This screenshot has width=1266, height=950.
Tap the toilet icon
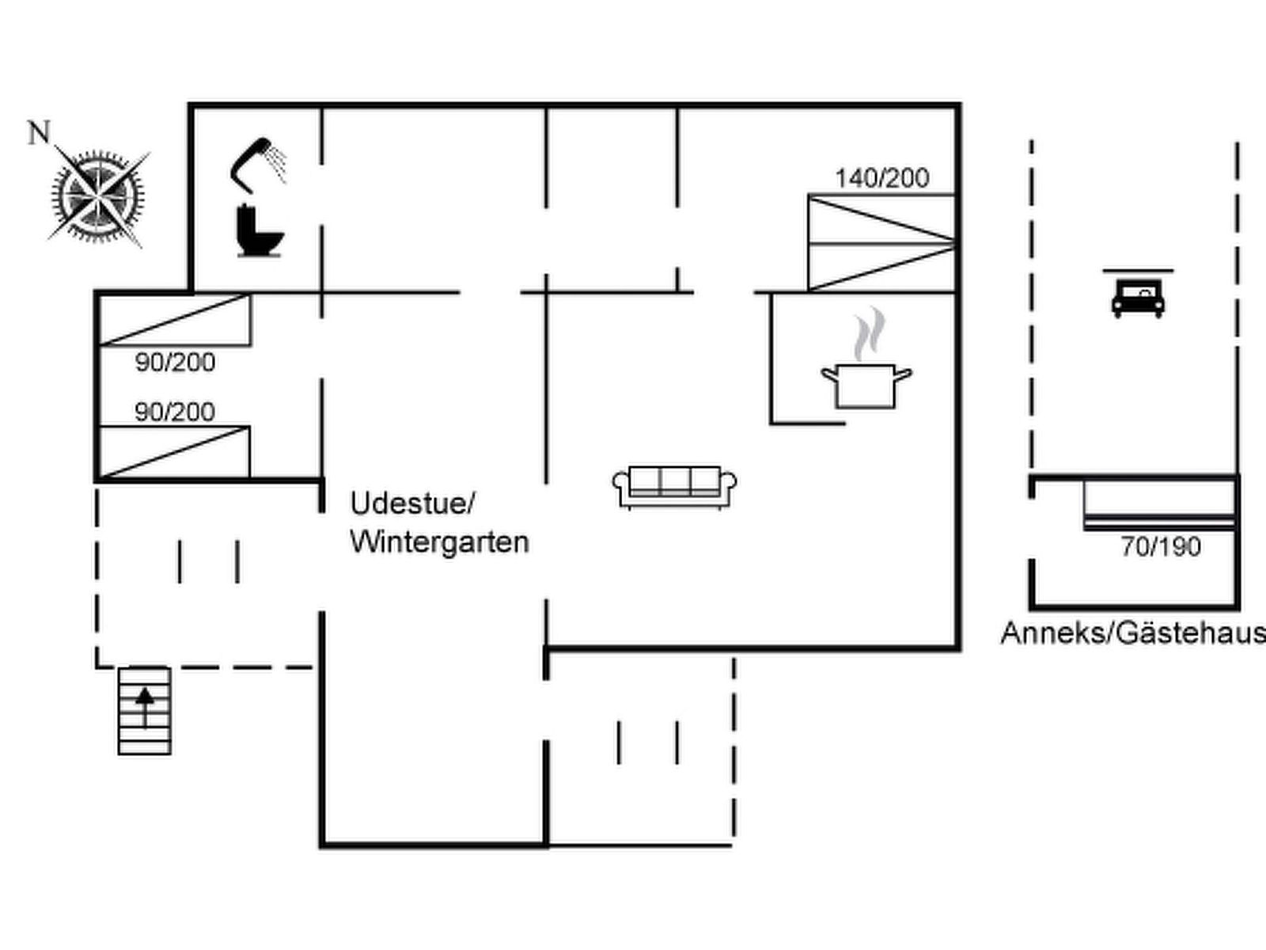click(x=259, y=231)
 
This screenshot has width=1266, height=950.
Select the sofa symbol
click(x=675, y=486)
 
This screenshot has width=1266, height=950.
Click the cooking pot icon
click(x=866, y=385)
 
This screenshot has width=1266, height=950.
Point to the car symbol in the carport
click(x=1138, y=298)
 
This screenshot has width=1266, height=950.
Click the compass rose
click(x=98, y=195)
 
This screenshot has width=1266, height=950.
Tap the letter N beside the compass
click(x=39, y=133)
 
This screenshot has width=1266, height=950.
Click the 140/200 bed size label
click(x=882, y=178)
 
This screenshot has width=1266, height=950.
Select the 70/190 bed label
click(x=1161, y=546)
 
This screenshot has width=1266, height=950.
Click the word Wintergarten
click(x=439, y=542)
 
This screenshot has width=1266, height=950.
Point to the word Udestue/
click(x=412, y=503)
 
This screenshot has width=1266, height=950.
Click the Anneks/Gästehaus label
click(x=1132, y=633)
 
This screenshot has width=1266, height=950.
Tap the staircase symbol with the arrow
click(x=144, y=711)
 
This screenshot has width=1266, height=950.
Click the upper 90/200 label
click(x=175, y=363)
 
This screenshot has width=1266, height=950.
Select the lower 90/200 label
click(x=175, y=412)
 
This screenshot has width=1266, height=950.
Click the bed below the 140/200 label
click(x=881, y=243)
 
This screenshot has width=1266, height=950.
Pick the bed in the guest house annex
click(x=1159, y=504)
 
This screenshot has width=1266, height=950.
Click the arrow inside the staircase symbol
click(x=145, y=705)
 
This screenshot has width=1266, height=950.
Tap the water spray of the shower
click(x=277, y=161)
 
